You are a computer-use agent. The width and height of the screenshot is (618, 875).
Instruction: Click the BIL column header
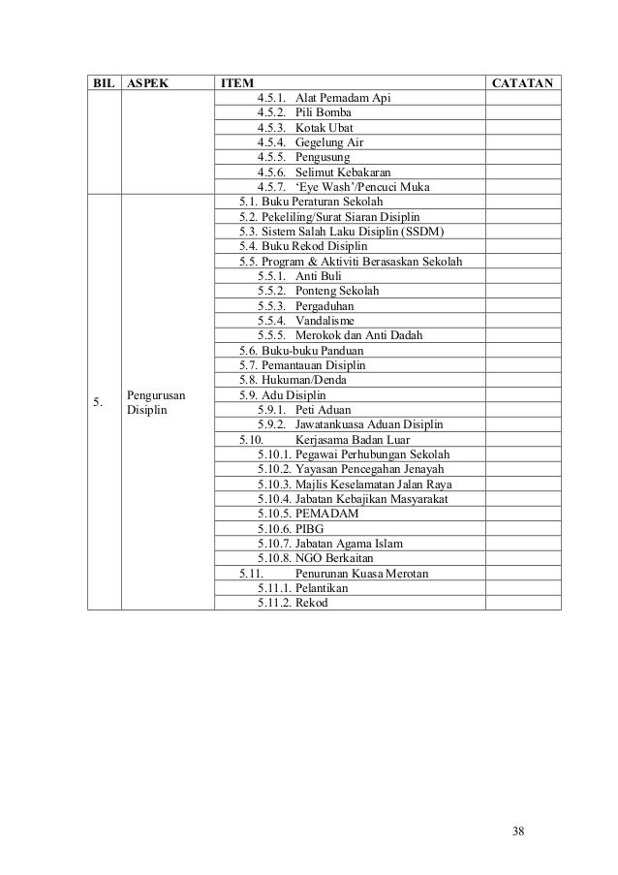102,83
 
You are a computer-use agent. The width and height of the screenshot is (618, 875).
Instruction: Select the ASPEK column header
145,83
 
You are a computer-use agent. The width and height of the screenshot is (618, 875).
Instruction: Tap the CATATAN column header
522,83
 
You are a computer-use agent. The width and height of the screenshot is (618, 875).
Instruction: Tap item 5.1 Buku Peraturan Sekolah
310,201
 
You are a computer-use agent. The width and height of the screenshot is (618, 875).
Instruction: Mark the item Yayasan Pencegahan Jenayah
362,469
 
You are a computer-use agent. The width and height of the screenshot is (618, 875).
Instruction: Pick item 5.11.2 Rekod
311,602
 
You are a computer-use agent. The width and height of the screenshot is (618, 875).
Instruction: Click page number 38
522,831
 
